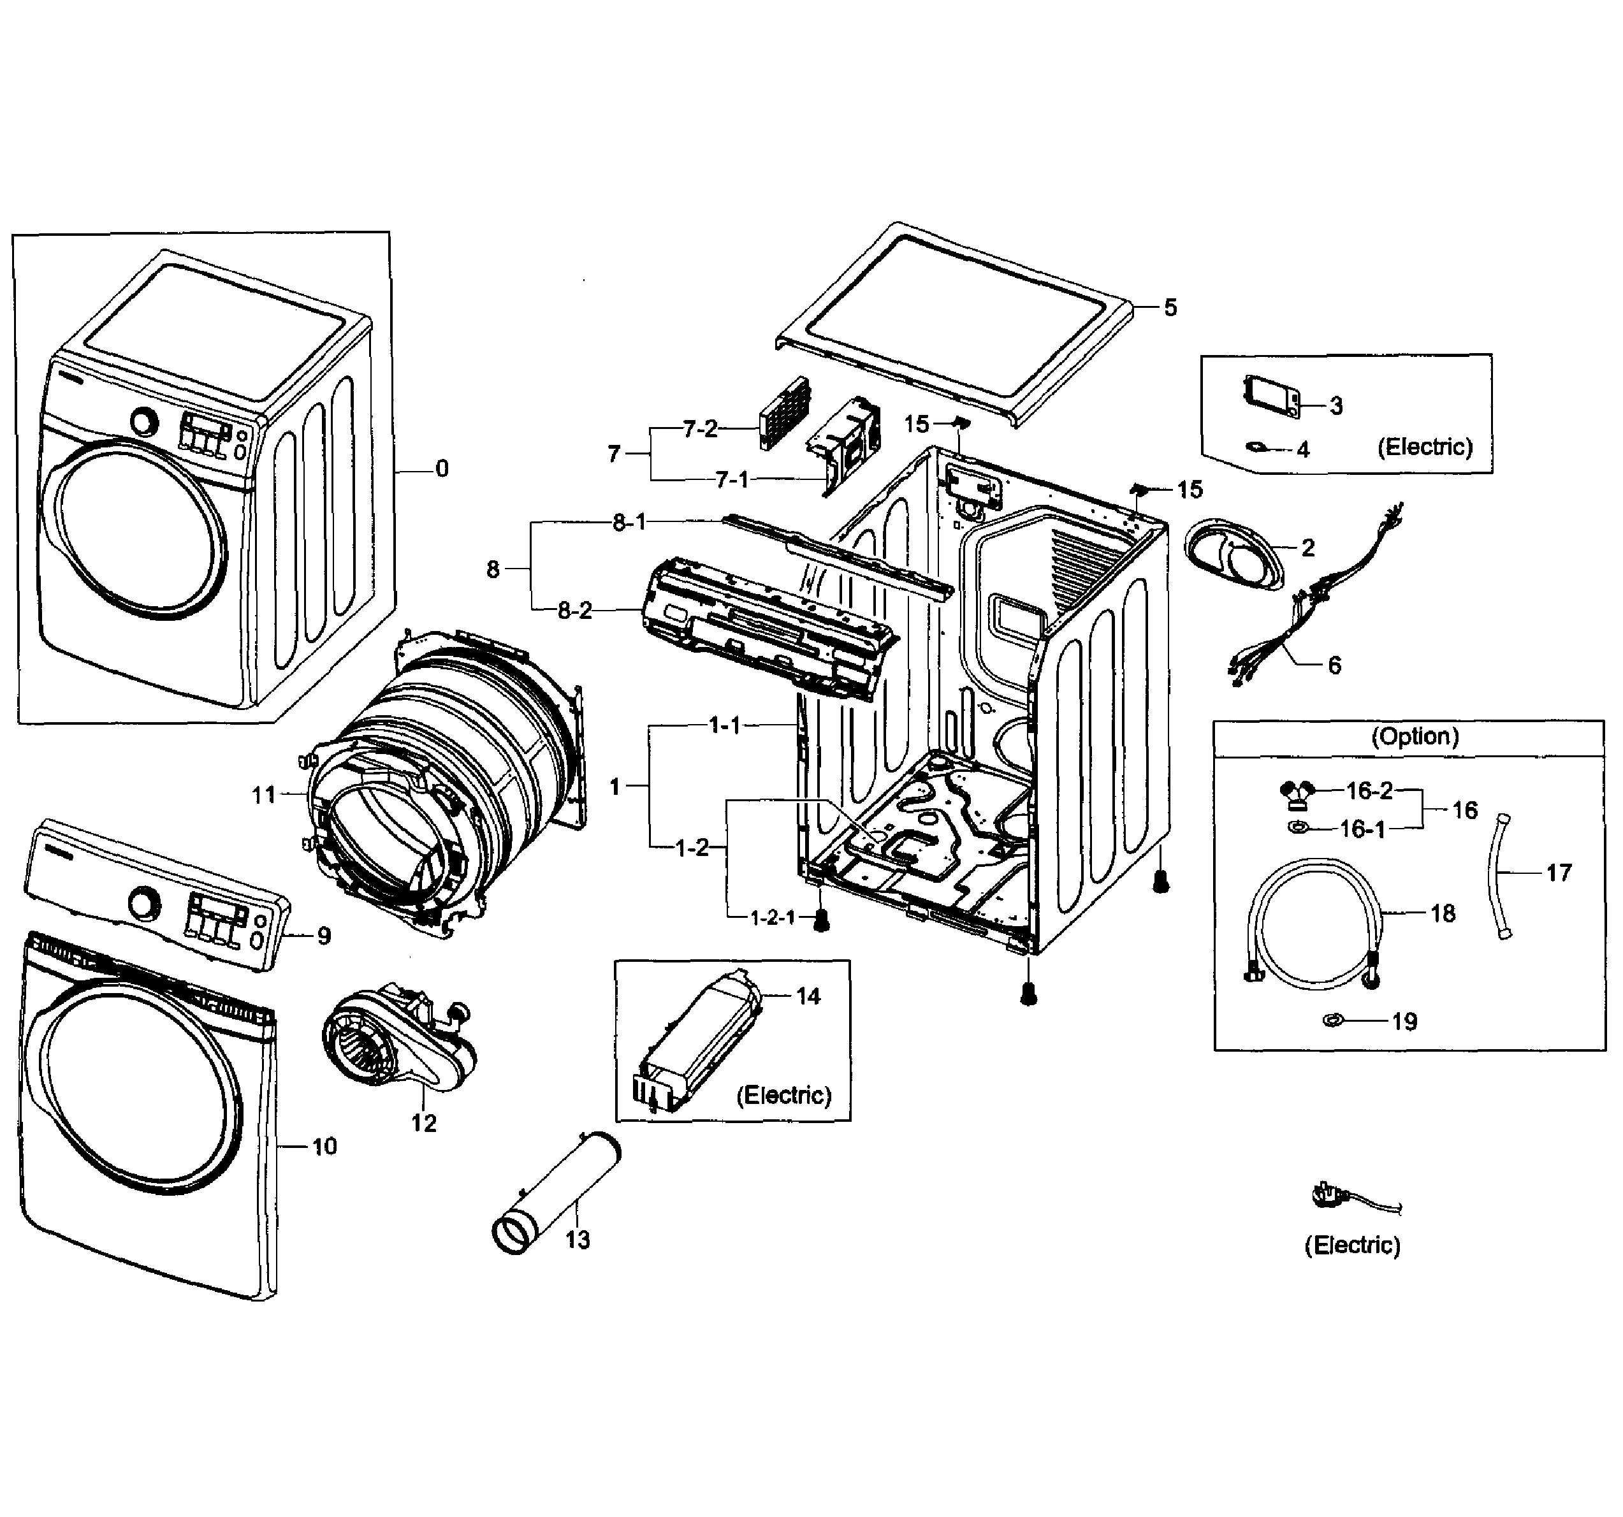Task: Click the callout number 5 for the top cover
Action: [1170, 308]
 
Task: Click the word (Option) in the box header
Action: [1415, 736]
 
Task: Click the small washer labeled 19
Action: [1332, 1020]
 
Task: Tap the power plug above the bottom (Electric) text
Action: [1329, 1197]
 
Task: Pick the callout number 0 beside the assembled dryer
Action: [442, 468]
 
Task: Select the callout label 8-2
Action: [575, 610]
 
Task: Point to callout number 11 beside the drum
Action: [264, 794]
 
